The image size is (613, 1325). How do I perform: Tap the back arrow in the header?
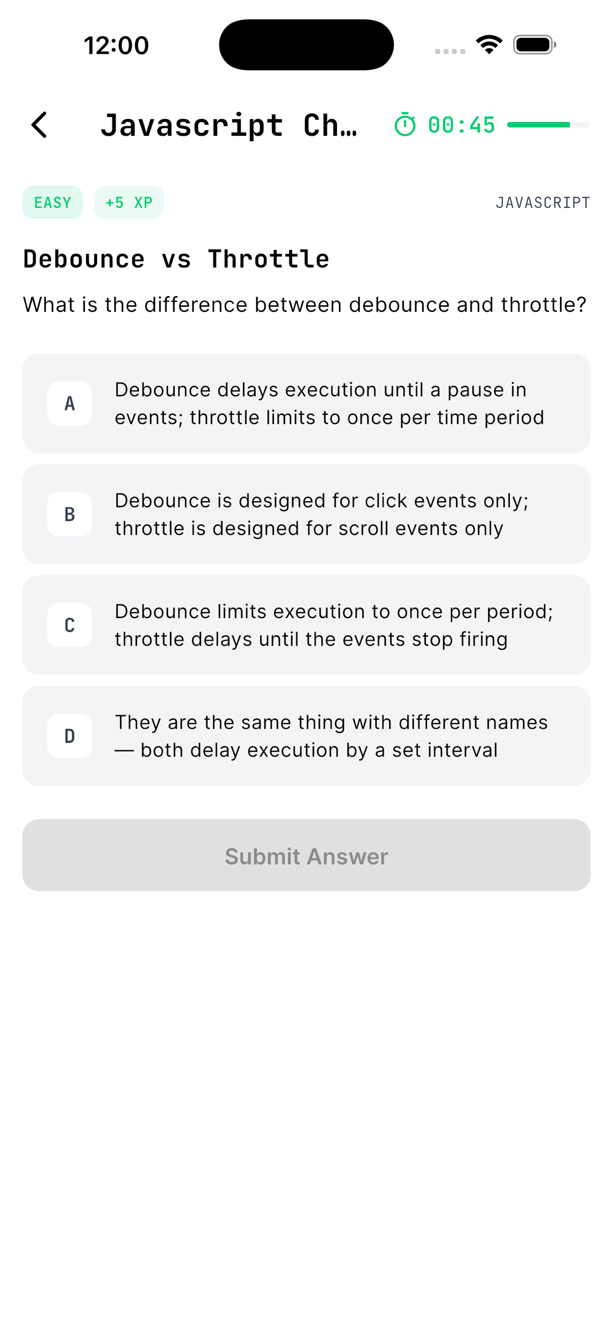pyautogui.click(x=39, y=125)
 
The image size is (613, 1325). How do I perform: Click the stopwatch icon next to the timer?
pyautogui.click(x=405, y=124)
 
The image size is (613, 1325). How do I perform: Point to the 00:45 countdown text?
pyautogui.click(x=461, y=125)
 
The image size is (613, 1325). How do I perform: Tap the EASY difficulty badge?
pyautogui.click(x=53, y=203)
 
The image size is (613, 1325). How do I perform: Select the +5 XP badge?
pyautogui.click(x=129, y=203)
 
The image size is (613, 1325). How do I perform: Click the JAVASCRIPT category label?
pyautogui.click(x=542, y=203)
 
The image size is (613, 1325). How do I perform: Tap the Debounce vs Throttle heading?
pyautogui.click(x=176, y=259)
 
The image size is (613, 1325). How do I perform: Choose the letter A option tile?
pyautogui.click(x=70, y=403)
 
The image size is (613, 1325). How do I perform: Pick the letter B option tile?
pyautogui.click(x=70, y=514)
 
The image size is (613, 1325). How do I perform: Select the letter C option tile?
pyautogui.click(x=70, y=625)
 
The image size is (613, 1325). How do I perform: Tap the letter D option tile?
pyautogui.click(x=70, y=736)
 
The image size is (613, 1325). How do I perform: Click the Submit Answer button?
pyautogui.click(x=306, y=855)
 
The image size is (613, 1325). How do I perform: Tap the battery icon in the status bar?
pyautogui.click(x=535, y=45)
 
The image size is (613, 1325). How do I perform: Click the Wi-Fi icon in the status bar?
pyautogui.click(x=489, y=44)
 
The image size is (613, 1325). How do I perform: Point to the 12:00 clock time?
pyautogui.click(x=116, y=45)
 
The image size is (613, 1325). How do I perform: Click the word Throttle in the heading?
pyautogui.click(x=269, y=259)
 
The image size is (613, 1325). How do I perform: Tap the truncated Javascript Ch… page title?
pyautogui.click(x=229, y=125)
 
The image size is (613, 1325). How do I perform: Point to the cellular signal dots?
pyautogui.click(x=450, y=52)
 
